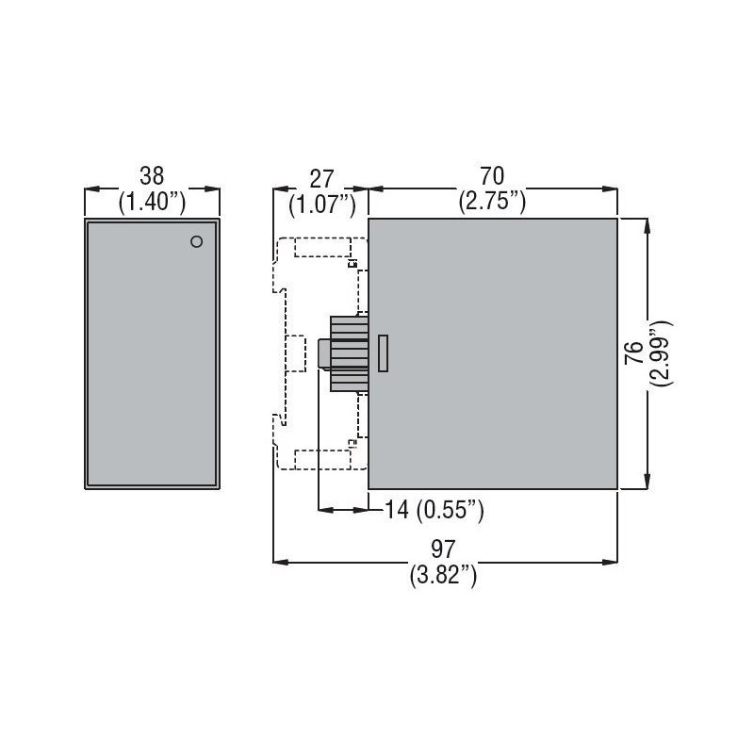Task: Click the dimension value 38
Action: (x=152, y=174)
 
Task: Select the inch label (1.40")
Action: (x=152, y=200)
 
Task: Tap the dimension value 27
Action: (x=320, y=174)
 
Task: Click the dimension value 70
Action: (x=492, y=174)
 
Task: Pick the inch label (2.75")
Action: (x=492, y=200)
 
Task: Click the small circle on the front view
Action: (x=196, y=241)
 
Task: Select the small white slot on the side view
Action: (x=383, y=352)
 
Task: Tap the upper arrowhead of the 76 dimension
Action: (x=647, y=224)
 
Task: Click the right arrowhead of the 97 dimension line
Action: (x=612, y=563)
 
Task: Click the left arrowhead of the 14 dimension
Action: (x=324, y=510)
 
